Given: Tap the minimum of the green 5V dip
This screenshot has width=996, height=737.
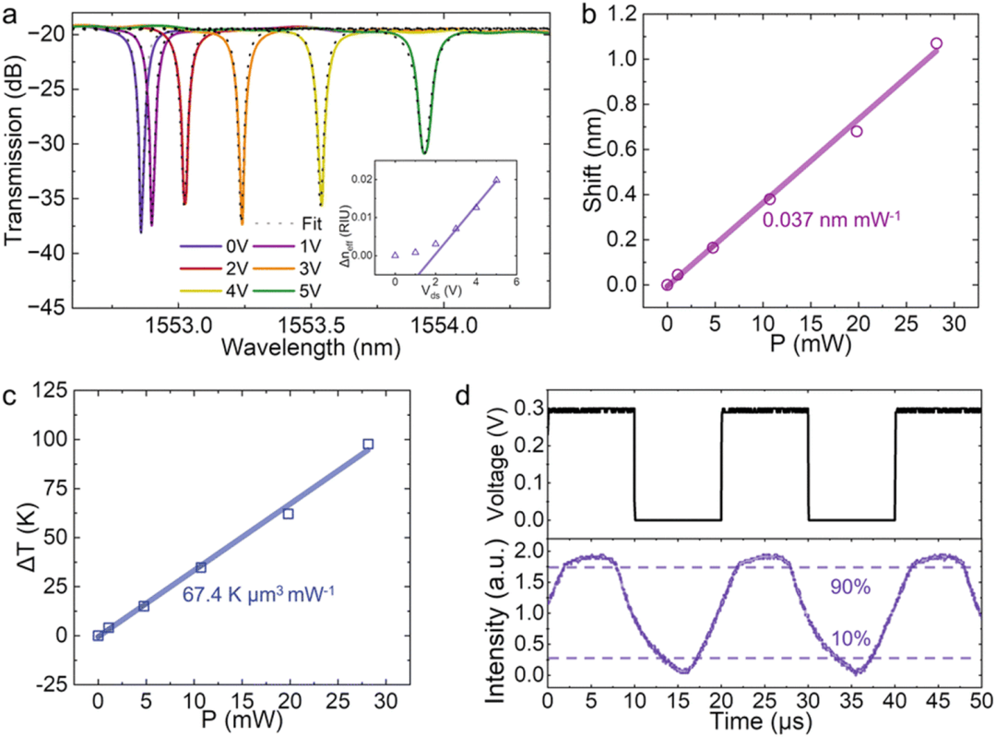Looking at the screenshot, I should pos(423,151).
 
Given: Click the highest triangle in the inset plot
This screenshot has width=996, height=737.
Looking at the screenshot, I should pos(496,180).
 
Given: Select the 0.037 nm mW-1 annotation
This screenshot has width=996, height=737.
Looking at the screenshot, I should pos(815,220).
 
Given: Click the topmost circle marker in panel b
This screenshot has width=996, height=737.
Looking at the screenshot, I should pos(936,43).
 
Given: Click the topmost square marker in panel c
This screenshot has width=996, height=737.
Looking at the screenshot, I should pos(368,444).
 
